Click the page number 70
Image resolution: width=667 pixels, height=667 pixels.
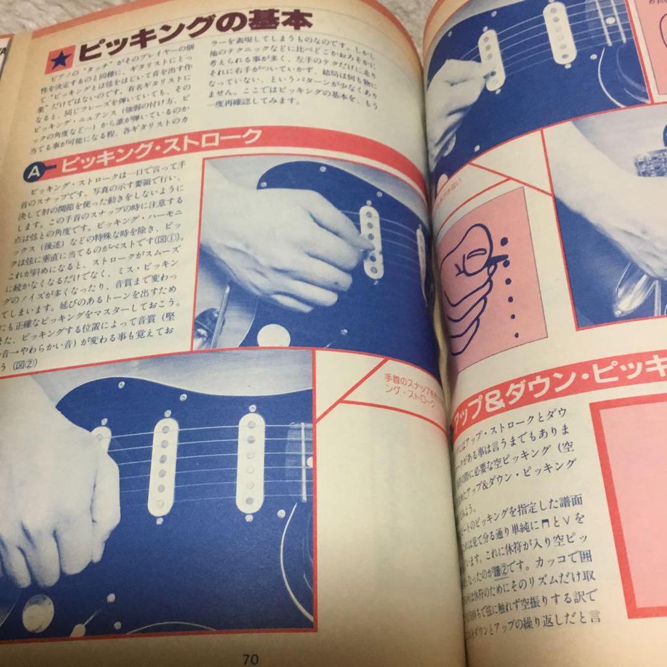tap(250, 658)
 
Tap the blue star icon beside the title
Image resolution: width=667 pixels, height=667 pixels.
tap(59, 59)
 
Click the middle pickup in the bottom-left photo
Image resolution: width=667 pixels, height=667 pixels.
tap(163, 466)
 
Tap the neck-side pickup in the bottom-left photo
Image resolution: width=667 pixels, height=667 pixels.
tap(251, 462)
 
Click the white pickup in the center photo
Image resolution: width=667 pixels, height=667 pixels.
tap(371, 241)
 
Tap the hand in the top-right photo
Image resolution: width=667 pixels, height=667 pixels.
tap(453, 98)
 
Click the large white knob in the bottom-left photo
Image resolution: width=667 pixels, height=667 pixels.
tap(38, 612)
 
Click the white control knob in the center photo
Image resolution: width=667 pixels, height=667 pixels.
tap(273, 335)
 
